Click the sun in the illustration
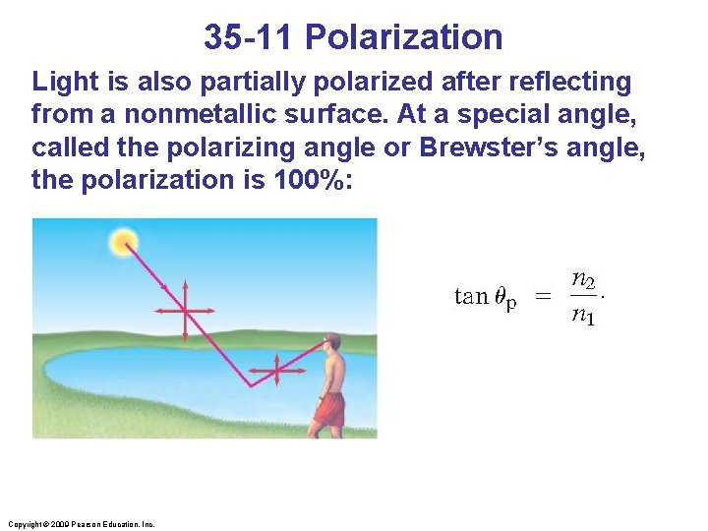coord(125,241)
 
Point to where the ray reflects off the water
coord(251,385)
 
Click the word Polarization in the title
coord(403,37)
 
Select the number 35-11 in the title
coord(250,37)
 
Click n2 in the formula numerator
coord(583,281)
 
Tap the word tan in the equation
coord(471,297)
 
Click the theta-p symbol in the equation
coord(504,299)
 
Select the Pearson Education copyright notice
coord(80,524)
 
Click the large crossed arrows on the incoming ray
coord(184,310)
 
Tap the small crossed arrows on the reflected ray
coord(276,372)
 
